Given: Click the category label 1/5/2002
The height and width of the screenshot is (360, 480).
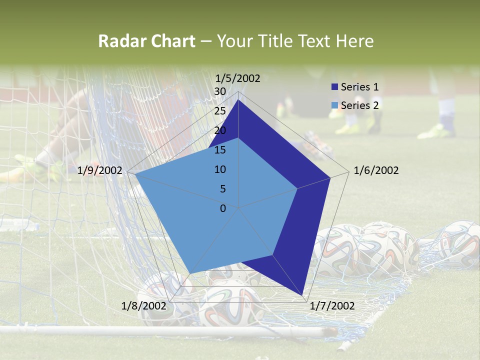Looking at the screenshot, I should pos(238,78).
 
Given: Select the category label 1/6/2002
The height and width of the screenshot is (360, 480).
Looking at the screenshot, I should pos(376,170).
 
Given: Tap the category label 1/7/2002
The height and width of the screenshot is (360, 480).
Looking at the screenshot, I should pos(332,306).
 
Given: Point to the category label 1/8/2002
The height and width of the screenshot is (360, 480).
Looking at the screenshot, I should pos(144,306).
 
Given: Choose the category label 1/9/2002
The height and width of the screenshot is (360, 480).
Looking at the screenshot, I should pos(100,170).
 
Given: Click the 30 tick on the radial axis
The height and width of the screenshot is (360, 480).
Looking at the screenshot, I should pos(220,91).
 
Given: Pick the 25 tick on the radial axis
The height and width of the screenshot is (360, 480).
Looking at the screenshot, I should pos(220,111).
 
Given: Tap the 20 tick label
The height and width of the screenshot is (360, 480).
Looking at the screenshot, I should pos(220,130).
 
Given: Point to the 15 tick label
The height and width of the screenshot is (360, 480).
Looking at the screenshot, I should pos(220,150).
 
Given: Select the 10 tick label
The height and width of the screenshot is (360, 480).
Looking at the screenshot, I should pos(220,169).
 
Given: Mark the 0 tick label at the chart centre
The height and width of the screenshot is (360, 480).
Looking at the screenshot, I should pos(223,208).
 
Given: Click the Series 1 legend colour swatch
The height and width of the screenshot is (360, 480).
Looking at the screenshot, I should pos(334,87).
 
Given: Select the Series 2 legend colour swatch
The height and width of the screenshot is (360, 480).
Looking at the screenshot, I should pos(334,105).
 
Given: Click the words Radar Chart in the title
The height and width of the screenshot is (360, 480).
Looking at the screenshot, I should pos(146,41).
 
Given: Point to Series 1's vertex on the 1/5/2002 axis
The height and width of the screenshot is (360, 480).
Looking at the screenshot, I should pos(238,100).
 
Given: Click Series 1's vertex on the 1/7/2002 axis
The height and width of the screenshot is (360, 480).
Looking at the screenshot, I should pos(302,295).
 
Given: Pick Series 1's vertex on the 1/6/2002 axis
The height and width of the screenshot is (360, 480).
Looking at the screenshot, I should pos(330,177).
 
